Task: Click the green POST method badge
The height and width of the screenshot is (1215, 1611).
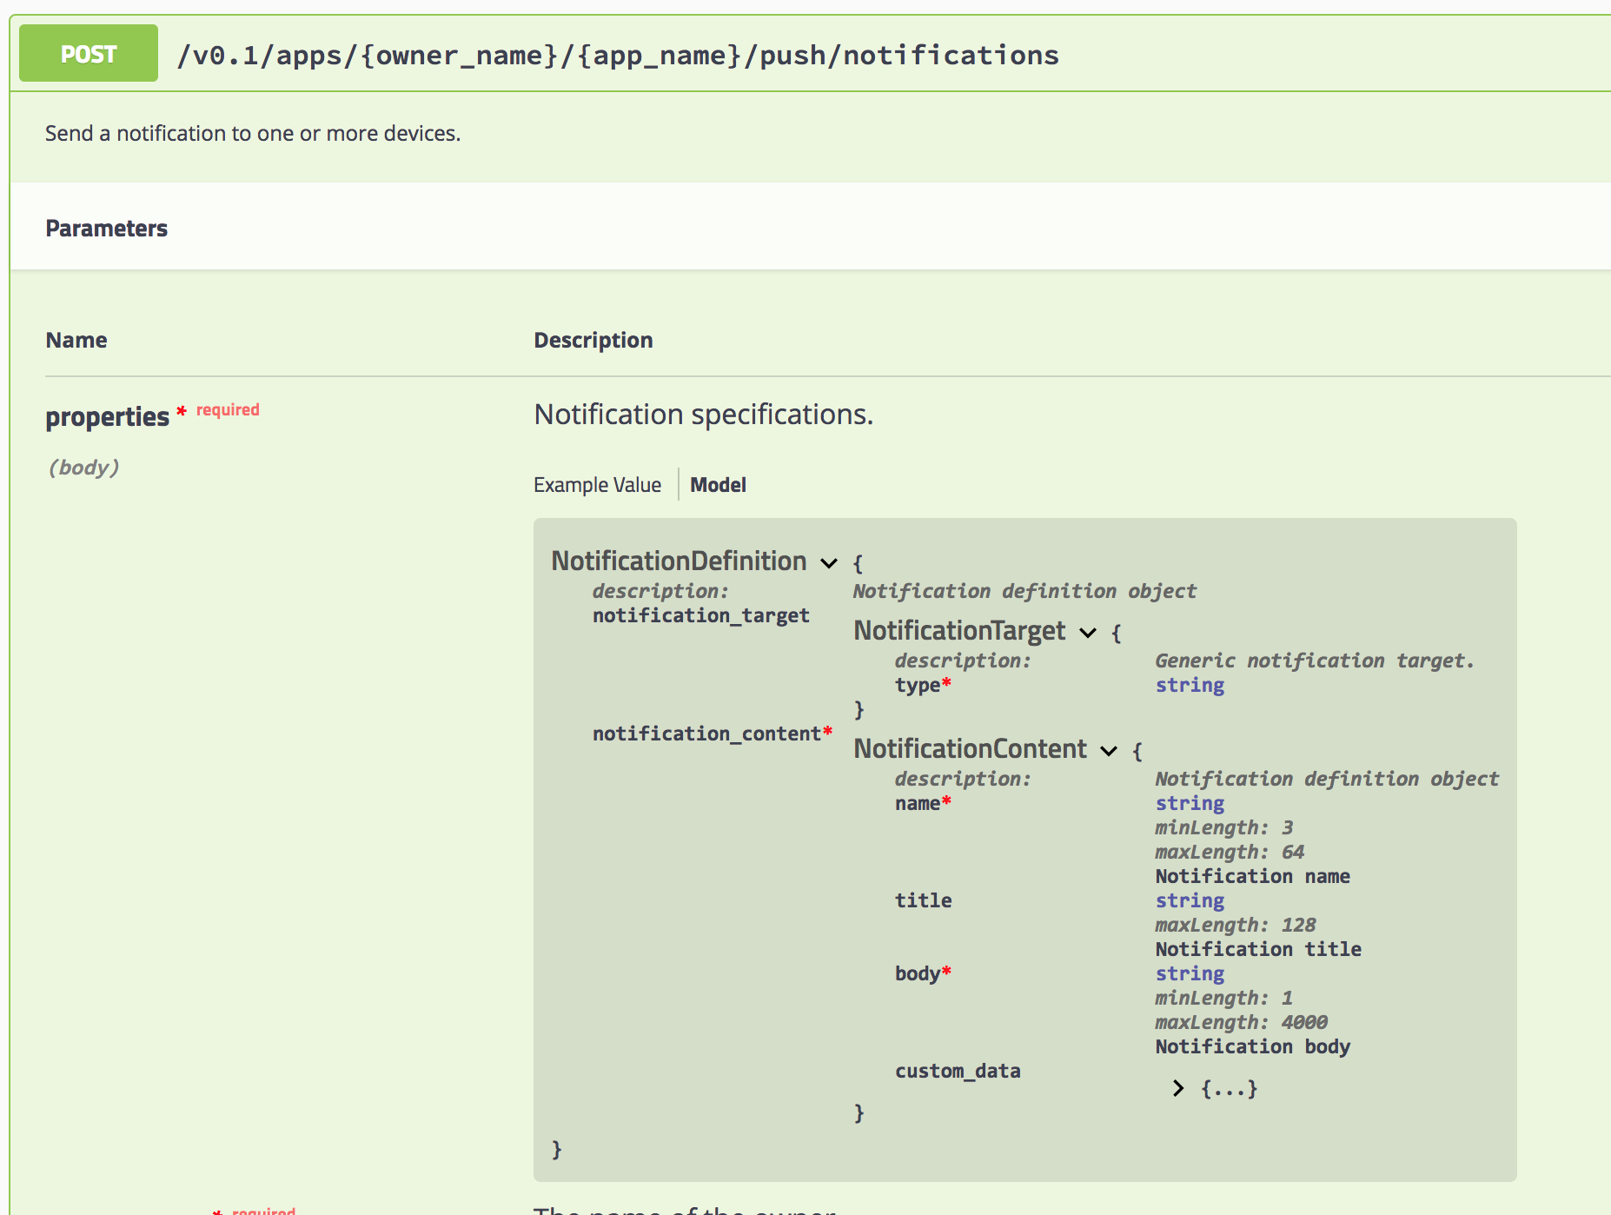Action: (88, 54)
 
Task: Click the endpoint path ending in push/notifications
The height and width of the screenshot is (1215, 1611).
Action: (617, 56)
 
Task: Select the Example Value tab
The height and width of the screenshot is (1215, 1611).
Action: (597, 485)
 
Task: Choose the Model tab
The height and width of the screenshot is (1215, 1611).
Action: (718, 485)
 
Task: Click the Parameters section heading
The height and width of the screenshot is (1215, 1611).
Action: (106, 229)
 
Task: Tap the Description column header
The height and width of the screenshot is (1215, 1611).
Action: (593, 340)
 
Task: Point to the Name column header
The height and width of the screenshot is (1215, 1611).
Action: (76, 340)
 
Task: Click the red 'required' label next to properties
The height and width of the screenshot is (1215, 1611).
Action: (228, 409)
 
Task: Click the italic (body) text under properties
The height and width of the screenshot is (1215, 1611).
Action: (83, 468)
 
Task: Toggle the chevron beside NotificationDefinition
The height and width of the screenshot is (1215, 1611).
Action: (829, 563)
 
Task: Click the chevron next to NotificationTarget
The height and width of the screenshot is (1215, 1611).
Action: (1088, 633)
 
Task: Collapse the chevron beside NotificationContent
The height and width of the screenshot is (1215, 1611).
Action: (1109, 751)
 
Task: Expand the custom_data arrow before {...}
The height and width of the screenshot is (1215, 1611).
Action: (1178, 1088)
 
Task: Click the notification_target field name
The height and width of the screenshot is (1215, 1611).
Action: (700, 615)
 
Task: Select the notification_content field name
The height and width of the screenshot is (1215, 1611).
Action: (706, 734)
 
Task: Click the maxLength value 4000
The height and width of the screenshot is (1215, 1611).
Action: (1304, 1022)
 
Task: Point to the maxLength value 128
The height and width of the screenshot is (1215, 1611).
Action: (1298, 925)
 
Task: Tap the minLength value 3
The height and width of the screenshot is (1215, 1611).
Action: (1287, 827)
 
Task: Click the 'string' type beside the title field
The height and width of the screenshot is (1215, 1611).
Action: (1190, 900)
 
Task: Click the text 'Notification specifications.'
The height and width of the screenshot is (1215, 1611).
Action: (703, 415)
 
